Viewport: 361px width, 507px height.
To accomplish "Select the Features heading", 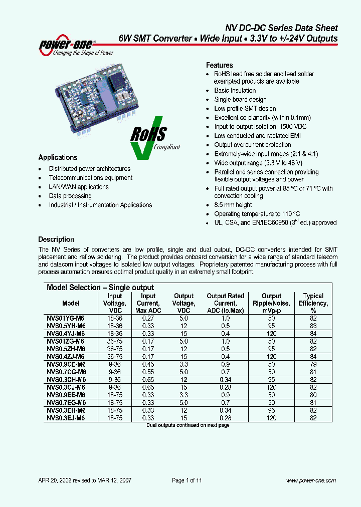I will click(220, 65).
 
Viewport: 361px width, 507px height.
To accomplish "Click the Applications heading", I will click(58, 157).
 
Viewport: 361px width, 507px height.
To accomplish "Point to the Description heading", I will click(56, 239).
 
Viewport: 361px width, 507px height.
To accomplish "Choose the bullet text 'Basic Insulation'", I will click(235, 91).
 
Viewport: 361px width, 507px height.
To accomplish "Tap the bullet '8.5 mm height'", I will click(233, 205).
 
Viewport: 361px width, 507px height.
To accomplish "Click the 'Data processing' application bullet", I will click(70, 196).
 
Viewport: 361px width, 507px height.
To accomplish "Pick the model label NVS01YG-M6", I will click(66, 318).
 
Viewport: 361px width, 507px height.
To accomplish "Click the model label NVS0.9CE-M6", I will click(66, 364).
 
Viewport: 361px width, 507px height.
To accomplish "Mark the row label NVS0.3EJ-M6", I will click(66, 417).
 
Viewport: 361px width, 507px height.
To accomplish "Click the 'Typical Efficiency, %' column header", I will click(313, 303).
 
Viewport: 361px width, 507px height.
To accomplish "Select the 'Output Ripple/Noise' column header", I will click(272, 303).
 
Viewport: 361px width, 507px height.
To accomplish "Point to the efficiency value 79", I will click(313, 364).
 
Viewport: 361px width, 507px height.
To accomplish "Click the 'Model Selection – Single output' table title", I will click(100, 288).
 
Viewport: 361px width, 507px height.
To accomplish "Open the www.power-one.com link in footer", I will click(311, 480).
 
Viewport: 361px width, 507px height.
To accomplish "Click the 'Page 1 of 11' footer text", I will click(187, 480).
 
